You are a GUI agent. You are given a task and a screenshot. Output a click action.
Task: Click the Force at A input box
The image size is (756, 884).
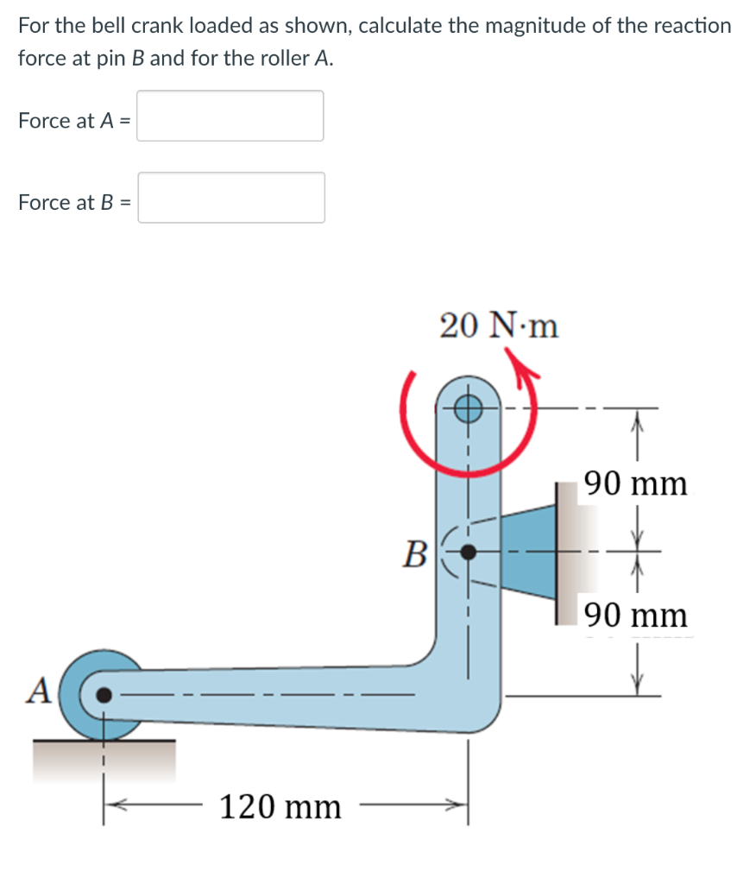point(230,116)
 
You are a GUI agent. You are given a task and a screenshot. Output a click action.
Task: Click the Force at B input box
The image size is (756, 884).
point(231,198)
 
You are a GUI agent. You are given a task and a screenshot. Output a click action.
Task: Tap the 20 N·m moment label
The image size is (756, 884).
point(498,326)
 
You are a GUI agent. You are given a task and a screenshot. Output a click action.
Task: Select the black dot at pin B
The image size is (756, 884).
point(468,550)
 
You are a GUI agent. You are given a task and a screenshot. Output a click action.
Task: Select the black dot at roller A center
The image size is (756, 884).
point(104,693)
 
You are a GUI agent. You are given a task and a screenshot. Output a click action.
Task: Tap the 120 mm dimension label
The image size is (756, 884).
point(280,808)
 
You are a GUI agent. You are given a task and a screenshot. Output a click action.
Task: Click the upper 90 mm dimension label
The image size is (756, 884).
point(636,483)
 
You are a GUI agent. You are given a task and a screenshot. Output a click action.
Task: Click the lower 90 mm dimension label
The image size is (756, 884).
point(636,616)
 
